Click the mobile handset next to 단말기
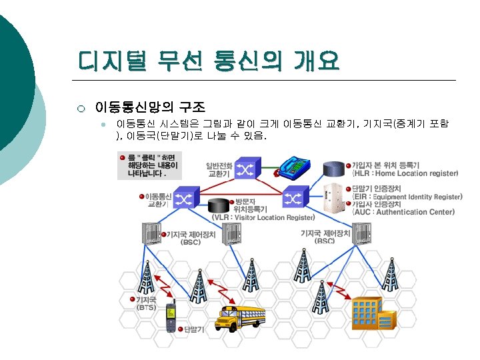170,314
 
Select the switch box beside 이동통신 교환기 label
185,198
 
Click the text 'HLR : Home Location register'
405,173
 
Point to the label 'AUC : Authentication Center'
403,212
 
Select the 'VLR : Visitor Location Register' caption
263,217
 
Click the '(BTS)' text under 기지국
147,308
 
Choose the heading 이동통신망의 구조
150,106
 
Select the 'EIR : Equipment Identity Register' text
407,197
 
